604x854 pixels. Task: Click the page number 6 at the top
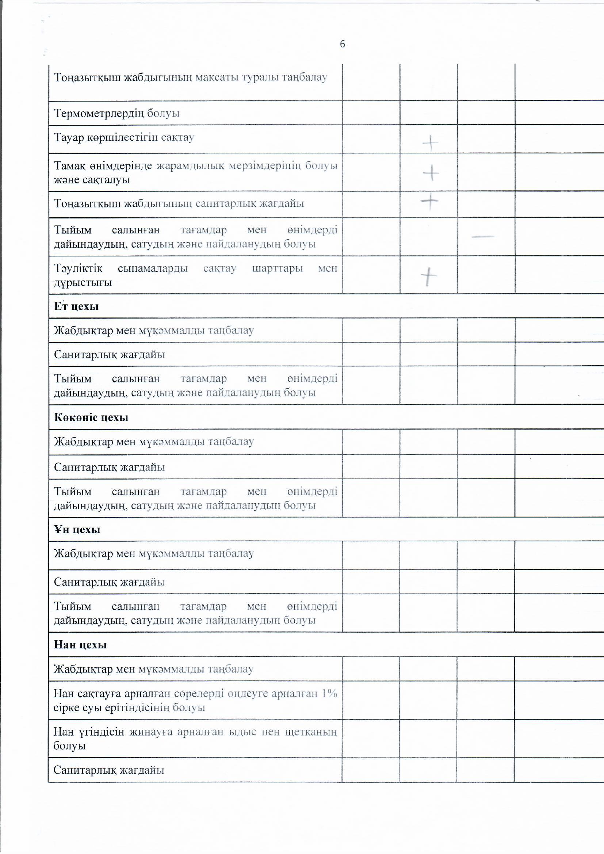(342, 44)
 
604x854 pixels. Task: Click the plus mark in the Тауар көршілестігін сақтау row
(430, 143)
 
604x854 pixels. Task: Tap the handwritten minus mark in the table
(483, 236)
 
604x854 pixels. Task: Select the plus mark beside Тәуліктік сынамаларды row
(429, 277)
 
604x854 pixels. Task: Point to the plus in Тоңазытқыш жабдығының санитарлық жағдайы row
(429, 202)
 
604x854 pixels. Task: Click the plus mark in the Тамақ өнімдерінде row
(431, 173)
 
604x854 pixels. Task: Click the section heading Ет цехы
(76, 306)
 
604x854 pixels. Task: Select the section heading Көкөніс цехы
(91, 418)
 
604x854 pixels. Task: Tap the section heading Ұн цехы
(77, 530)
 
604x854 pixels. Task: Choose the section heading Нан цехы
(80, 645)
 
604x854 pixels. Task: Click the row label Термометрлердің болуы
(117, 113)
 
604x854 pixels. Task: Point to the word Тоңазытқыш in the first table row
(87, 78)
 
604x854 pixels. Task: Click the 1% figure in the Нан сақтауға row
(329, 693)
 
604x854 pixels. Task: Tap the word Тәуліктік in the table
(78, 268)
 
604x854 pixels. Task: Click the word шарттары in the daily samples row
(277, 268)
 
